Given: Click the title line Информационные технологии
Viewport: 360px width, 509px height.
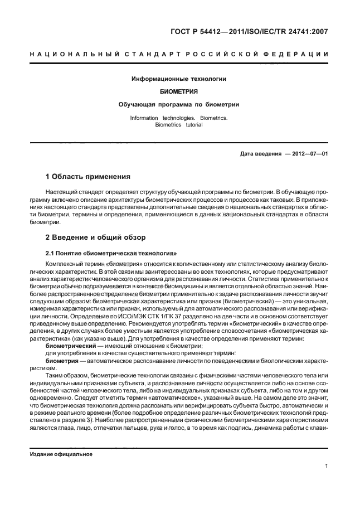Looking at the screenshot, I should pos(178,79).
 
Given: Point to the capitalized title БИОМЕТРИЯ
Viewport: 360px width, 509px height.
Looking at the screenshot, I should pos(178,91).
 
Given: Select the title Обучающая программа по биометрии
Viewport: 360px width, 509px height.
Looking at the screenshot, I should pos(178,104).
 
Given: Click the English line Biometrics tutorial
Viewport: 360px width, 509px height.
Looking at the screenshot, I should pos(178,125).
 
